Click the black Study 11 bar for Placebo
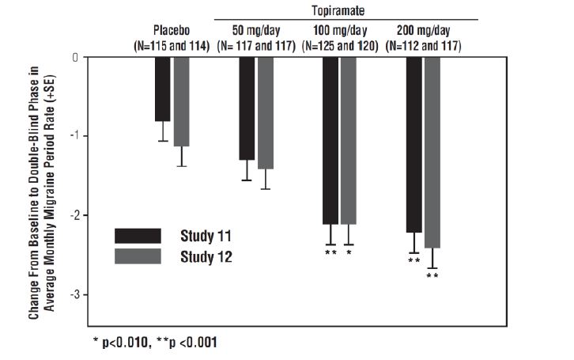click(x=162, y=89)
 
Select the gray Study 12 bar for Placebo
click(x=182, y=101)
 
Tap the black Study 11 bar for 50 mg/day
click(x=247, y=108)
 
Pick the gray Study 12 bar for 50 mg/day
click(x=266, y=113)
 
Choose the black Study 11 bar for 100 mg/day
click(x=330, y=140)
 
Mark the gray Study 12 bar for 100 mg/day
click(x=349, y=140)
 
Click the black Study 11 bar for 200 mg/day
click(x=414, y=144)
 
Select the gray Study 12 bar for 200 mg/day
click(x=432, y=152)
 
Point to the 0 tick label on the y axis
click(x=75, y=57)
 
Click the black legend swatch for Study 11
click(x=138, y=235)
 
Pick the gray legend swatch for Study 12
click(x=138, y=256)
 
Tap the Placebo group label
click(x=172, y=31)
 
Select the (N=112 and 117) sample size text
click(x=423, y=45)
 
